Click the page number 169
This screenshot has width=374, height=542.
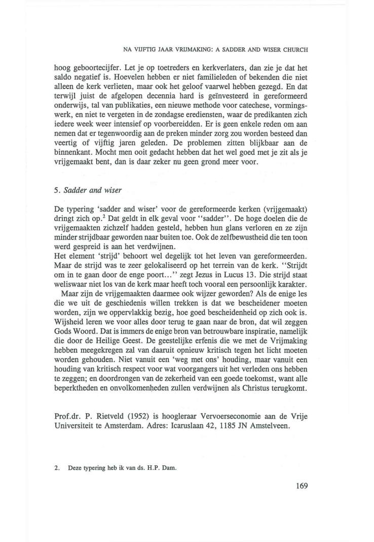(x=300, y=486)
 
